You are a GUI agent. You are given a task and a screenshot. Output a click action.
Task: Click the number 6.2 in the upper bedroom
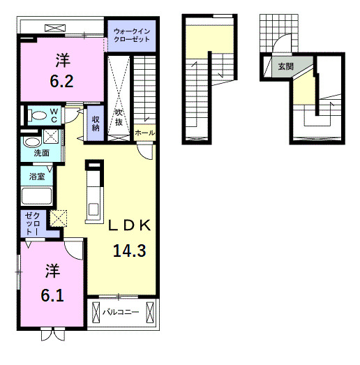point(61,81)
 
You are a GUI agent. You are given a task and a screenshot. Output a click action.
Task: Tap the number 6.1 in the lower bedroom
point(52,296)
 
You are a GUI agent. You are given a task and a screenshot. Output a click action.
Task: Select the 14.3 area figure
point(130,251)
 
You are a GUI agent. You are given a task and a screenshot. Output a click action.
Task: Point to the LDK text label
point(130,225)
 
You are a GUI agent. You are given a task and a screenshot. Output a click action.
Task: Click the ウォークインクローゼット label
point(132,35)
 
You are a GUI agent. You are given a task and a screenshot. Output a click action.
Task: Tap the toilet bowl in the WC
point(38,115)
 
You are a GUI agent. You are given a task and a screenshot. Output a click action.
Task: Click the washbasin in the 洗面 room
point(32,142)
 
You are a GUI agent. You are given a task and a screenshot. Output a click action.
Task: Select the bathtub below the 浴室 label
point(36,196)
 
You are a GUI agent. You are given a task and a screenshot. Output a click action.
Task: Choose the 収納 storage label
point(96,124)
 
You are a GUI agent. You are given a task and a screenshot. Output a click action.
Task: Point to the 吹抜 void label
point(119,117)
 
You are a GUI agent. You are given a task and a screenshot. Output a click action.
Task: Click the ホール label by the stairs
point(144,133)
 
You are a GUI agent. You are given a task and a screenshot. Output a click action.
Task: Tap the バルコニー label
point(121,312)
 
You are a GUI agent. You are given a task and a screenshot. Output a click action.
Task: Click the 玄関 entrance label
point(286,67)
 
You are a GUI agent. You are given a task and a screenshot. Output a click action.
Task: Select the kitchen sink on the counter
point(93,209)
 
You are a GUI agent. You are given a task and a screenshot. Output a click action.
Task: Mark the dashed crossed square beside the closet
point(59,218)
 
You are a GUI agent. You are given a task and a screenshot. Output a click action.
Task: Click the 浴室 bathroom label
point(37,176)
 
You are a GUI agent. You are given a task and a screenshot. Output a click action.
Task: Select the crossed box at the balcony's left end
point(96,313)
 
